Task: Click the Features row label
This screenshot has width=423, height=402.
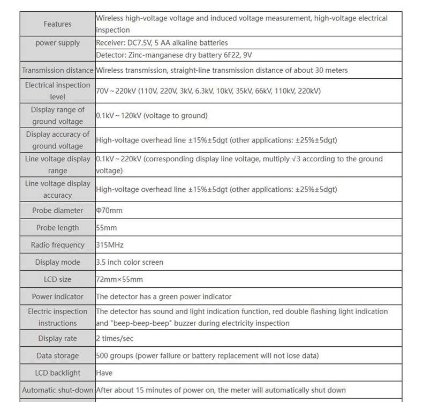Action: (x=57, y=24)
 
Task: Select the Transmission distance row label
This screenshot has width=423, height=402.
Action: (x=57, y=70)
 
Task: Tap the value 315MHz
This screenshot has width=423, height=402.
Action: (x=110, y=245)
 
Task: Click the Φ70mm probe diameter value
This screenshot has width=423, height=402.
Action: (x=109, y=211)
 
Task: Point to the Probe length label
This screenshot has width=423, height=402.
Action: (x=57, y=228)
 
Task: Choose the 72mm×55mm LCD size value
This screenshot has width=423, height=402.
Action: (x=119, y=279)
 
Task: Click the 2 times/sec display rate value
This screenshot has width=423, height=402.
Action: (x=115, y=339)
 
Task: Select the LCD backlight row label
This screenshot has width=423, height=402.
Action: (x=57, y=373)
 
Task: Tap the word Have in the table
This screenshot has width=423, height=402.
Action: (x=104, y=373)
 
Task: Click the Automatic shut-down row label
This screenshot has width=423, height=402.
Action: (x=57, y=390)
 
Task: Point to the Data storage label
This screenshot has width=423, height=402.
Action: (x=57, y=356)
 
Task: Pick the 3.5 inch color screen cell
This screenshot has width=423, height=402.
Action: (x=130, y=262)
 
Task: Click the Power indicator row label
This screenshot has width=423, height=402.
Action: (x=57, y=296)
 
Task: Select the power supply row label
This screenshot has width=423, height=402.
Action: (x=57, y=43)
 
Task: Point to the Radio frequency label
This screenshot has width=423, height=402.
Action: (x=57, y=245)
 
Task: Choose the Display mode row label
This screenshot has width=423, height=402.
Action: (x=57, y=262)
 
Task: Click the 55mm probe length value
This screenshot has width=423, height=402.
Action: (x=106, y=228)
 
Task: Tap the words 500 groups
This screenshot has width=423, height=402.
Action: (x=114, y=356)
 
